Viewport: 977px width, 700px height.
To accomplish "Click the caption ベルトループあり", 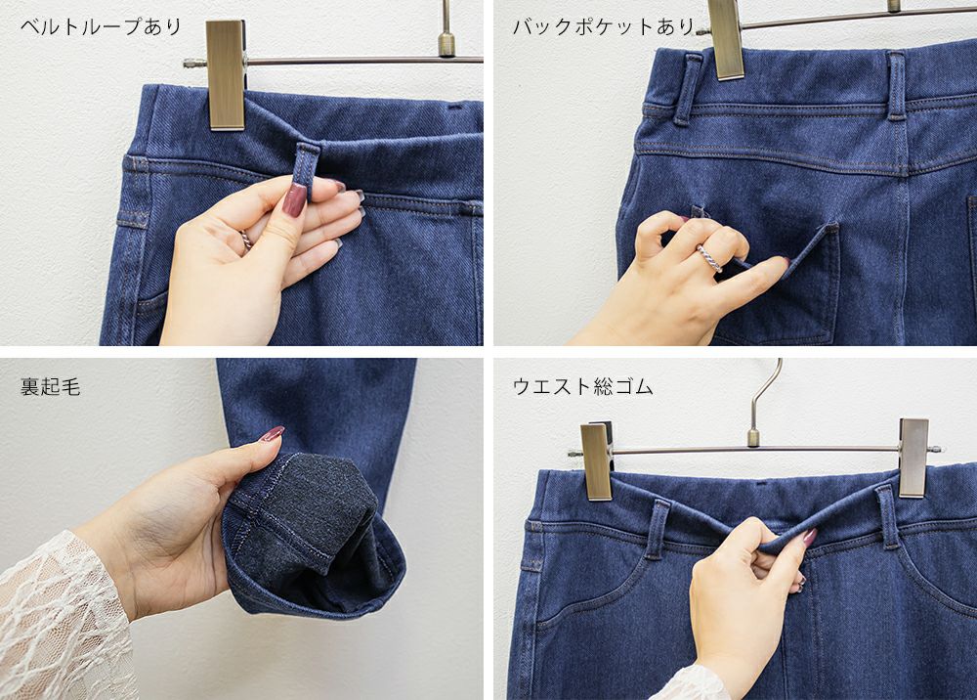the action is pos(101,27).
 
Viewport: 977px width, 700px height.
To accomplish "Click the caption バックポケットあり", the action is pos(603,26).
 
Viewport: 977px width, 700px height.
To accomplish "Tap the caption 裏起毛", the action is pos(51,387).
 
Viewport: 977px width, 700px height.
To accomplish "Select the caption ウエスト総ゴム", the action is pos(582,387).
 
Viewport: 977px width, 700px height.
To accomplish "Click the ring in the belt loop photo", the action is pos(246,240).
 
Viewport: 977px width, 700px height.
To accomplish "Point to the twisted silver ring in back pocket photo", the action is pos(709,258).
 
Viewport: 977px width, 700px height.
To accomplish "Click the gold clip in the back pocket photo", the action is pos(726,39).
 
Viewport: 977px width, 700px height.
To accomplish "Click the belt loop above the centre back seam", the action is pos(897,86).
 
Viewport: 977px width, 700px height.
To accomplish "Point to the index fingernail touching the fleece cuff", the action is pos(272,434).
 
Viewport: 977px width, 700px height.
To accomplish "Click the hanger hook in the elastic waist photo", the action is pos(764,400).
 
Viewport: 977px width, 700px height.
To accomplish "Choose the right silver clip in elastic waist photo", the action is pos(913,457).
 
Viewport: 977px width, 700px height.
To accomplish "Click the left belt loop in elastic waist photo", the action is pos(657,529).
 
